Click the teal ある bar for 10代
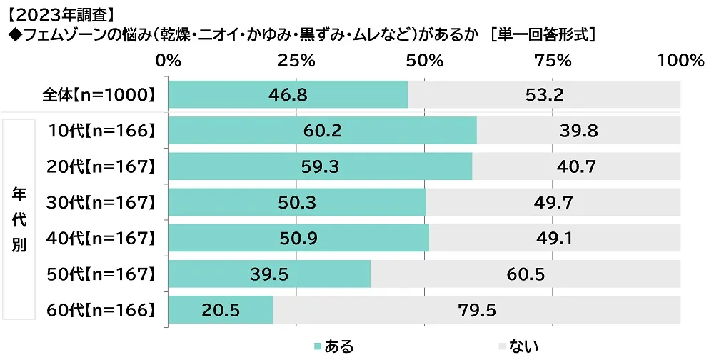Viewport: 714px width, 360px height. (x=321, y=131)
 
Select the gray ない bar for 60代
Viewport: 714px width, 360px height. (x=476, y=310)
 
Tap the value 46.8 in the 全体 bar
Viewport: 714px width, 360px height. (x=288, y=94)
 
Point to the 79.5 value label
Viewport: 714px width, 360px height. (x=476, y=310)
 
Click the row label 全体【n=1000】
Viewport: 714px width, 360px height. (x=99, y=94)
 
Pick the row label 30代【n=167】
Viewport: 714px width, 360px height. (x=101, y=202)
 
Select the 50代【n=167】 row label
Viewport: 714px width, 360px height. (x=101, y=274)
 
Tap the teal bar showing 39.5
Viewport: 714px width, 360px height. (x=269, y=274)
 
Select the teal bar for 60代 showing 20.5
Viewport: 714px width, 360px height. (x=221, y=310)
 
